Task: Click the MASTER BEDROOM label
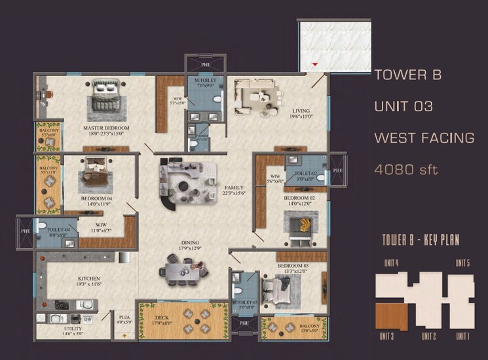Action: coord(105,128)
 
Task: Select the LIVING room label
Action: coord(301,111)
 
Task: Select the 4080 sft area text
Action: coord(405,170)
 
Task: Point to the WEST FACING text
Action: coord(424,138)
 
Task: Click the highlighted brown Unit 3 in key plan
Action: coord(390,317)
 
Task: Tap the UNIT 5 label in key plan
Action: coord(464,263)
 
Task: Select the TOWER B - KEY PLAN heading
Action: coord(420,240)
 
